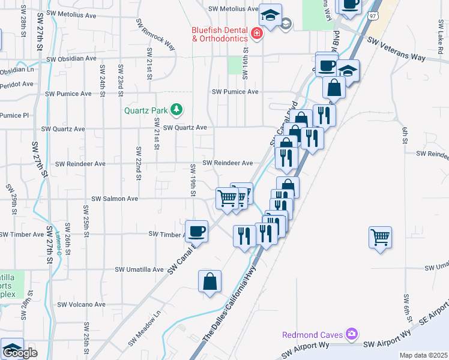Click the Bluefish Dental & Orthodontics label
220,34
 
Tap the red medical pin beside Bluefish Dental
257,33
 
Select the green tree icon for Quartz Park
176,109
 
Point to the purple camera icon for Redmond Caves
352,333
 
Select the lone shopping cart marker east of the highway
381,237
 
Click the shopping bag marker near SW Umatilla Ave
209,281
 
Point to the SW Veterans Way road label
396,49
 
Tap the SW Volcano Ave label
79,305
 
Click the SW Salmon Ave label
114,199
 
